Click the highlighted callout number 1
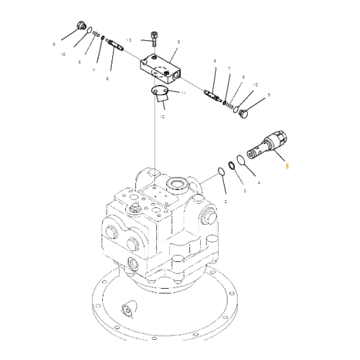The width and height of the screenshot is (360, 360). click(287, 166)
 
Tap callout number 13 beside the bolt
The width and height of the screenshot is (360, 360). click(129, 40)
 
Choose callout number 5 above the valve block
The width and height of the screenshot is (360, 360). click(179, 42)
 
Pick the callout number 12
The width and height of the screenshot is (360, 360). click(161, 116)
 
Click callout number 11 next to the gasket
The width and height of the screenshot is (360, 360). click(183, 94)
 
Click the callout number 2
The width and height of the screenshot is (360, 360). click(225, 204)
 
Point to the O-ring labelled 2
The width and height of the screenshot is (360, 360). click(220, 172)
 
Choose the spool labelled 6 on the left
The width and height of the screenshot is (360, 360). click(115, 45)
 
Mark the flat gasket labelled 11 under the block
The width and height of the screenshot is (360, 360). click(165, 91)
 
